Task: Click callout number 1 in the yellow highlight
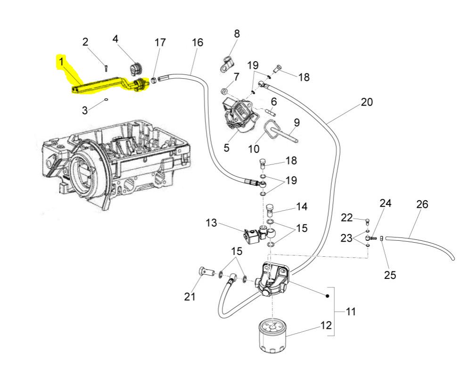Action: click(61, 61)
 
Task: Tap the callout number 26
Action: click(422, 205)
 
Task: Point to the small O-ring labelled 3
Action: click(107, 99)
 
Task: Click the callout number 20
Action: click(366, 102)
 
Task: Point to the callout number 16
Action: click(197, 43)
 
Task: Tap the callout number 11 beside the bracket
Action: click(351, 311)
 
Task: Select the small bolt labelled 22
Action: click(367, 220)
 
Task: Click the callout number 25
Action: click(390, 275)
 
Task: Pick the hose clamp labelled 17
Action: click(154, 80)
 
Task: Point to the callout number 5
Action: click(226, 148)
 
